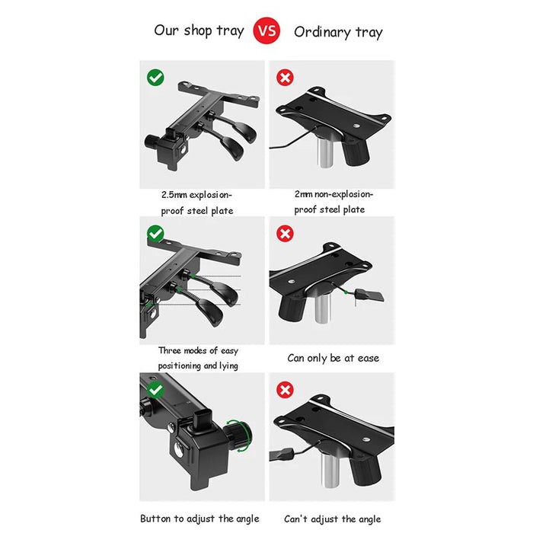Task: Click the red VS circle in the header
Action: tap(266, 30)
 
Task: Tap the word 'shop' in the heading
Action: tap(198, 30)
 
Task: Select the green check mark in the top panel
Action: tap(155, 78)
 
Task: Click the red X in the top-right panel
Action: tap(285, 78)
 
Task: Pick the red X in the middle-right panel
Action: tap(285, 234)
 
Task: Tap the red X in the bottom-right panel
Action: tap(285, 390)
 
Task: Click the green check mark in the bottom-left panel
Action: tap(155, 390)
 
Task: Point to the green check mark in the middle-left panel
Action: tap(155, 234)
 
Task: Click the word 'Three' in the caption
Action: tap(170, 350)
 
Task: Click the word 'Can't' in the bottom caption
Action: tap(295, 519)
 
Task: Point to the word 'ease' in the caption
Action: tap(368, 358)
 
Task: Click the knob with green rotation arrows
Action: tap(240, 435)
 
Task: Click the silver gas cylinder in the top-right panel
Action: tap(325, 152)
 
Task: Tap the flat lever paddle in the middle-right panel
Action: tap(369, 295)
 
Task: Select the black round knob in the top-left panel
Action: tap(152, 141)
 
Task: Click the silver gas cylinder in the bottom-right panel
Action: tap(329, 470)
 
